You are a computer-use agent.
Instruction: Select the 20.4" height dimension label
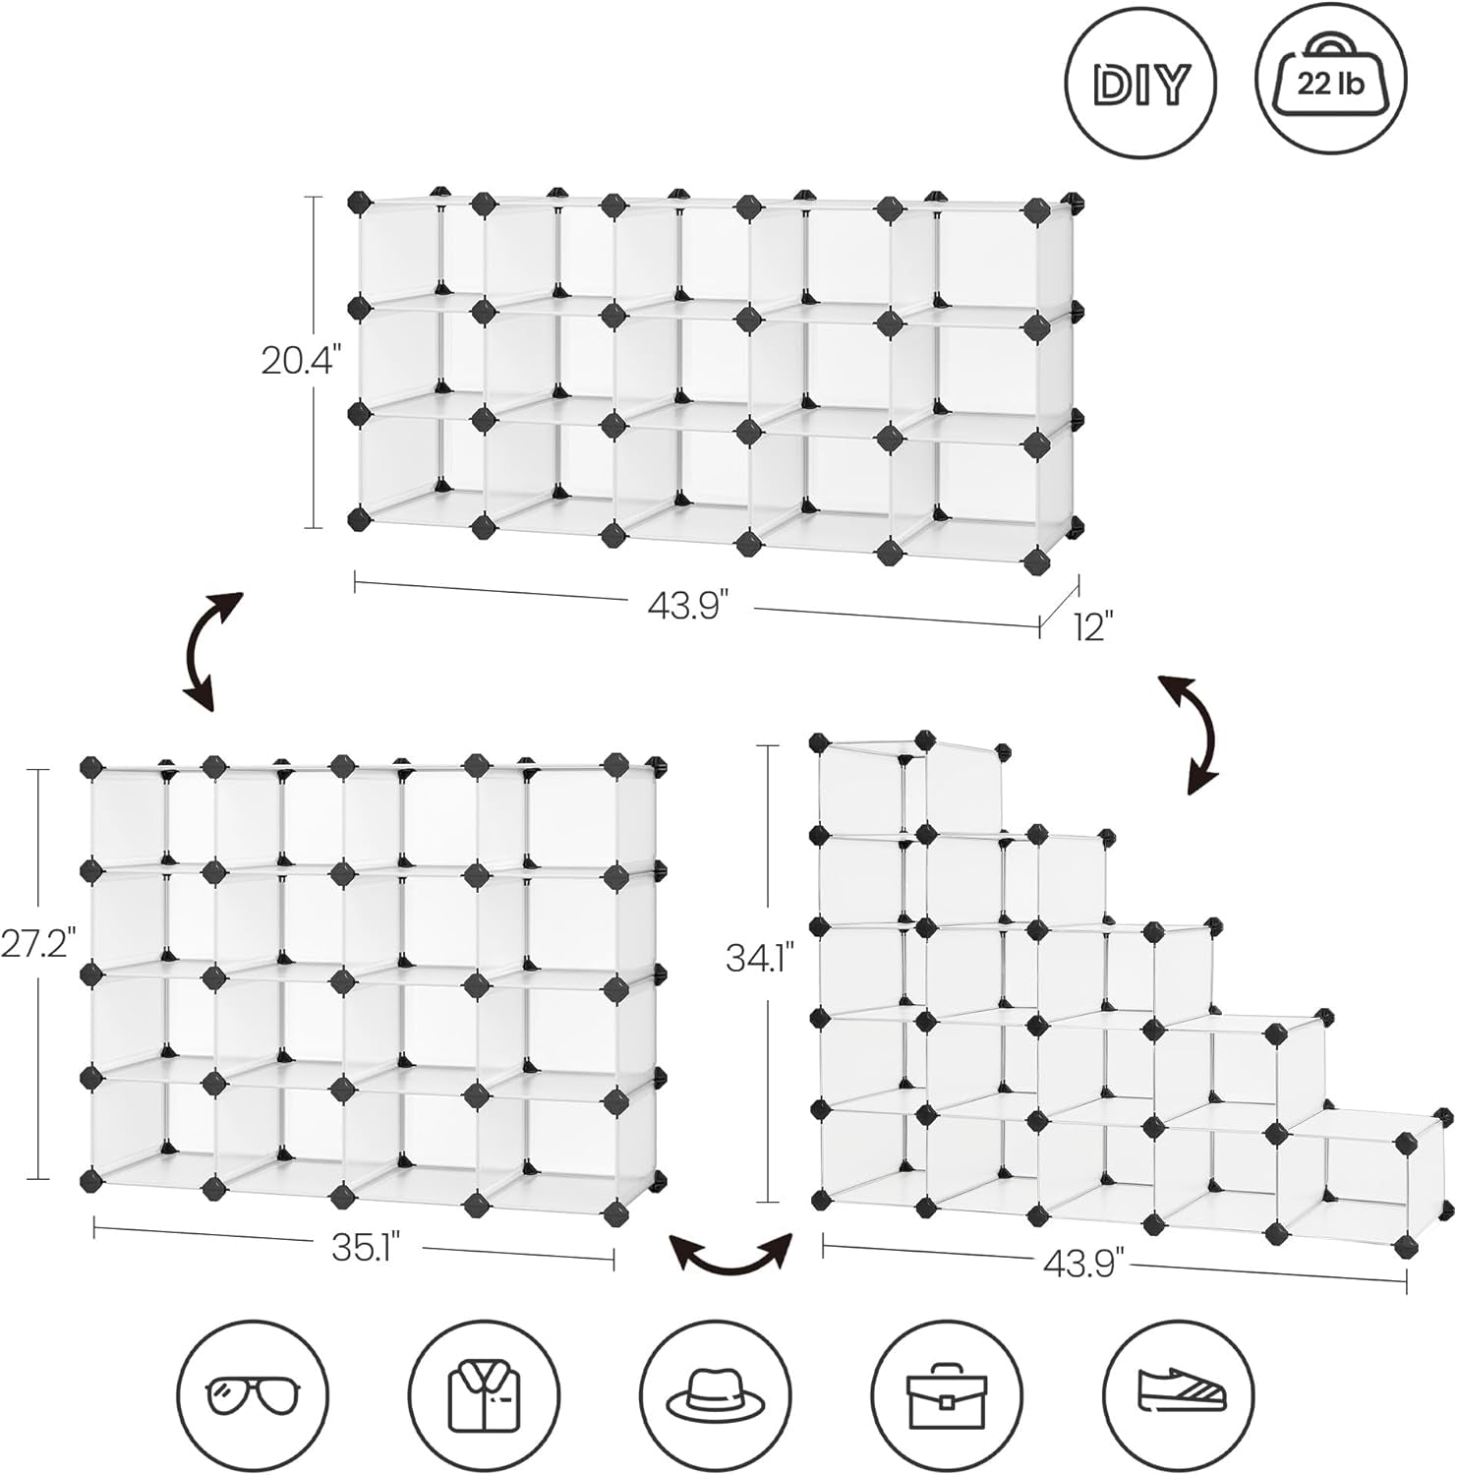click(x=300, y=362)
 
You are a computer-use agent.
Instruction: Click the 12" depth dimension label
click(x=1091, y=626)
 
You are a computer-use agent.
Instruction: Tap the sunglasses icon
click(x=253, y=1395)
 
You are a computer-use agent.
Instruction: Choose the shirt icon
click(x=485, y=1395)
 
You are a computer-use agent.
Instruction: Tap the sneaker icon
click(x=1181, y=1395)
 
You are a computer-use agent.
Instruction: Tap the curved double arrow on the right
click(x=1189, y=734)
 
